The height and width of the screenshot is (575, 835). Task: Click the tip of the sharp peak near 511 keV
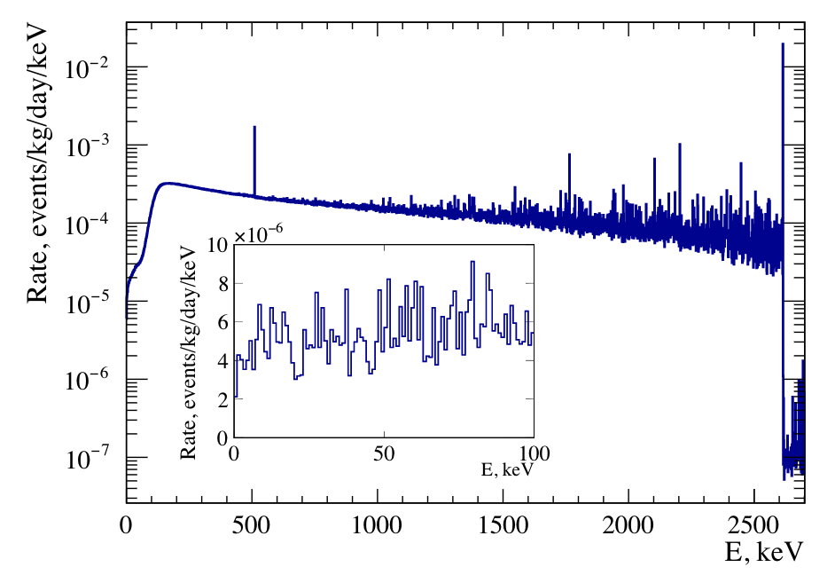click(x=254, y=127)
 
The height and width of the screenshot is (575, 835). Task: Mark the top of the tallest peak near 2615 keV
click(x=783, y=43)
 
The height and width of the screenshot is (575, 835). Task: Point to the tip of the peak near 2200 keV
click(x=680, y=144)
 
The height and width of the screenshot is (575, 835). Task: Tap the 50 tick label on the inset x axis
click(x=384, y=453)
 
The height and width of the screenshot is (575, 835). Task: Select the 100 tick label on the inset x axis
click(x=533, y=453)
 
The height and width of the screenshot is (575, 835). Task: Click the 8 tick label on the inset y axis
click(x=223, y=284)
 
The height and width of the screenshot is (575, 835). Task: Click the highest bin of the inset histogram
click(x=472, y=262)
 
